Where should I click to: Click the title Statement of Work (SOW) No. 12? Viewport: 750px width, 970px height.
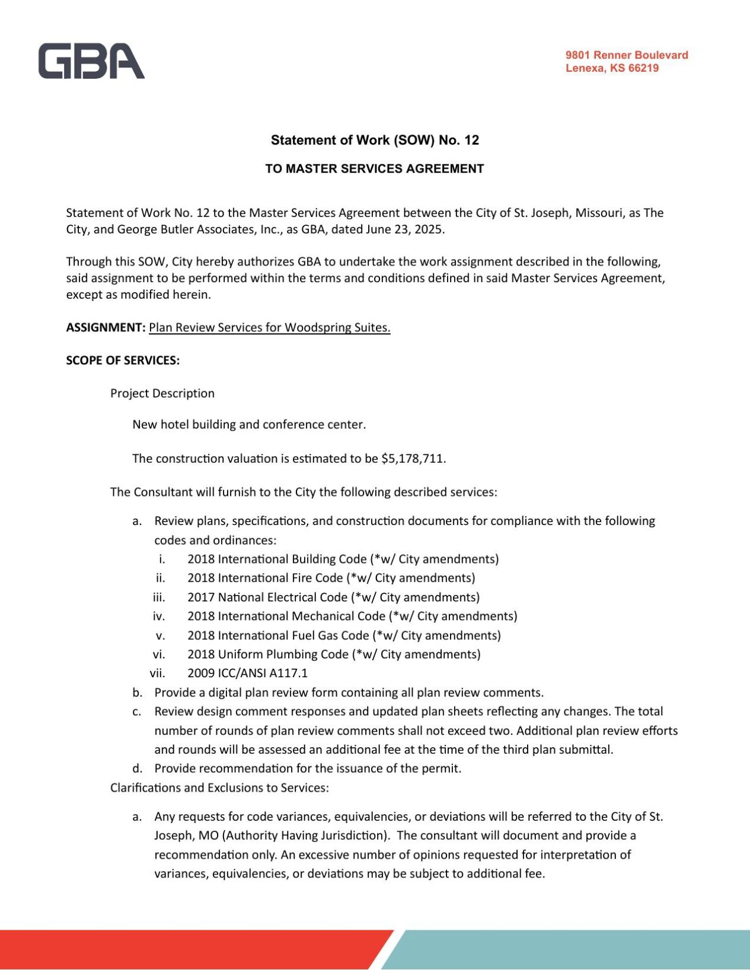click(x=375, y=140)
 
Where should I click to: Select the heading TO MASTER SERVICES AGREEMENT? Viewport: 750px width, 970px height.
click(x=375, y=169)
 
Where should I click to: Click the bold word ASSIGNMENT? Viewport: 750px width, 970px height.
click(x=106, y=328)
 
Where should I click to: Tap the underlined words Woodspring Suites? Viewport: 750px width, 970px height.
click(x=337, y=328)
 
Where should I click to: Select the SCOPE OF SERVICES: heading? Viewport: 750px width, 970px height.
click(x=123, y=360)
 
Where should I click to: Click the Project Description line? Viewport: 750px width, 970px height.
click(x=162, y=393)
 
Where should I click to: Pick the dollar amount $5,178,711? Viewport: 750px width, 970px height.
click(x=413, y=459)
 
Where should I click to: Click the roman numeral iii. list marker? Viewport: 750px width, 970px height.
click(x=159, y=597)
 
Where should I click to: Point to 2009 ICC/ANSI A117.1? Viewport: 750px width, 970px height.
click(x=247, y=673)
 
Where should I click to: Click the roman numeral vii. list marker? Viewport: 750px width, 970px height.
click(x=157, y=673)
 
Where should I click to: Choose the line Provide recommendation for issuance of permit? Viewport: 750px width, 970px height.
click(x=307, y=769)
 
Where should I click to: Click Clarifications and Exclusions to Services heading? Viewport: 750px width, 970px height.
click(x=219, y=787)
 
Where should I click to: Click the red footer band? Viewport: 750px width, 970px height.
click(x=178, y=949)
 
